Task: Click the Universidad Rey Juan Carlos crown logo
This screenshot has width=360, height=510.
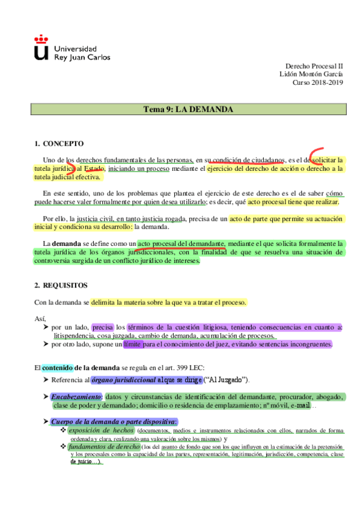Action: click(x=41, y=48)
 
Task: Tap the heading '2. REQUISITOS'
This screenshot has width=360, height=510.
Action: click(x=61, y=284)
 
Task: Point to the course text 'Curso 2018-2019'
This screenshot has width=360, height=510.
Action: click(x=318, y=83)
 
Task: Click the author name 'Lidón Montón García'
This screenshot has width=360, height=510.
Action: click(x=311, y=74)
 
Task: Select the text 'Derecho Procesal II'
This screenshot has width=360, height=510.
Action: click(x=314, y=65)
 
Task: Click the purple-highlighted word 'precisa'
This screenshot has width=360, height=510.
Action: click(x=103, y=327)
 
